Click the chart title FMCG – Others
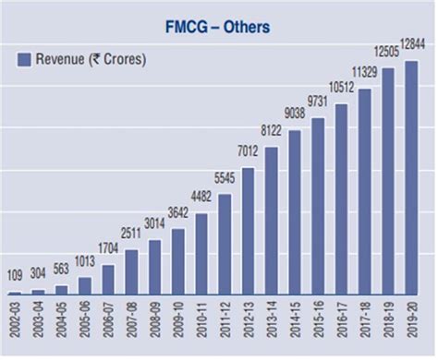tap(219, 27)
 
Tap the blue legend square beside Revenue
tap(25, 60)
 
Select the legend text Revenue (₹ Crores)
tap(91, 60)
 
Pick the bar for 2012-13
tap(249, 231)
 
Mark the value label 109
tap(16, 275)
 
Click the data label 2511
tap(132, 230)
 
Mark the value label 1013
tap(86, 259)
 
